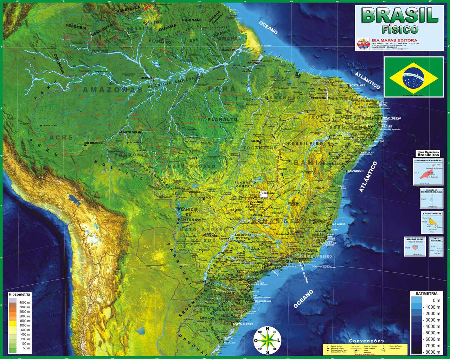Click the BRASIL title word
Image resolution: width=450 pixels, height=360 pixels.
pos(400,15)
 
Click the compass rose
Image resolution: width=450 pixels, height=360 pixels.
pos(268,340)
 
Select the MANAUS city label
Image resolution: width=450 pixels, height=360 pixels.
pos(145,77)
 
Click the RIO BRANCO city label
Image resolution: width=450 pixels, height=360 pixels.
pos(93,143)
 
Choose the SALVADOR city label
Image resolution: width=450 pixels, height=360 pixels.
pos(355,171)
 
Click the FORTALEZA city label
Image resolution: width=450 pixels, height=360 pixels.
pos(360,86)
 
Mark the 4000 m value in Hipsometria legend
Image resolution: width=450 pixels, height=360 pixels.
pos(25,303)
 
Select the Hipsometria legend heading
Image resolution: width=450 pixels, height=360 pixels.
pos(19,294)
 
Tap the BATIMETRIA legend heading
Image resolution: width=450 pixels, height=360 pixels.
pos(426,293)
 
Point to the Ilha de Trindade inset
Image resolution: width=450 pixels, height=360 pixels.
pos(432,221)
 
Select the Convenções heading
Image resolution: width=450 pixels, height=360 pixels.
pos(366,341)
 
